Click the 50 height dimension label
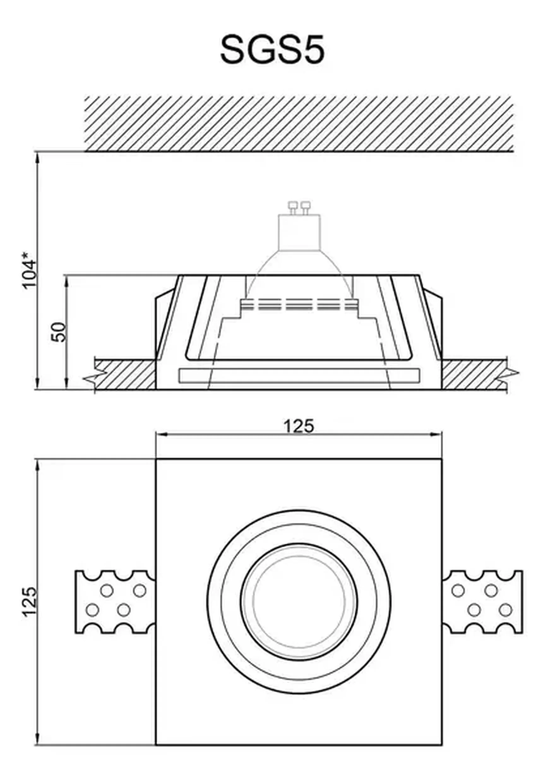tap(58, 332)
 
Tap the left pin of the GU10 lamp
tap(292, 205)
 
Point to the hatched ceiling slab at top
tap(299, 123)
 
